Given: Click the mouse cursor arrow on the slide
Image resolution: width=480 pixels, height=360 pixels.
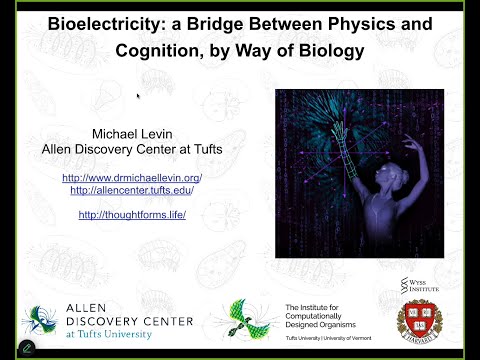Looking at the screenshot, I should click(x=137, y=96).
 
